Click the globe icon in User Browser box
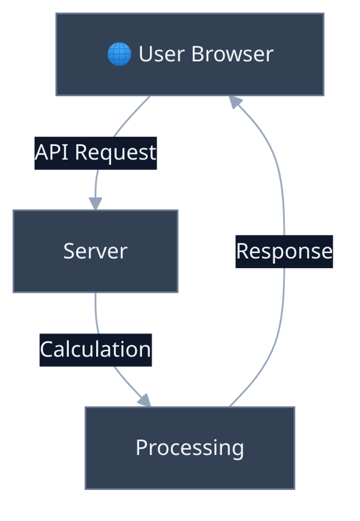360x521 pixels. [x=119, y=54]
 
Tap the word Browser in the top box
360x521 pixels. [x=232, y=54]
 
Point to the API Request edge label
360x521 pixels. [x=96, y=153]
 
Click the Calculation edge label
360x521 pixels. [x=96, y=350]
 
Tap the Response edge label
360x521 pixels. [x=284, y=252]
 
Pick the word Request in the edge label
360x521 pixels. [x=115, y=153]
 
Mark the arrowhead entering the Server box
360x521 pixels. [x=95, y=204]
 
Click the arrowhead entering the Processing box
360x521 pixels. [x=144, y=400]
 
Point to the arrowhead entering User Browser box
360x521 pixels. [x=235, y=102]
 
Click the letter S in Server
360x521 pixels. [x=68, y=251]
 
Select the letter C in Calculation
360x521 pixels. [x=46, y=350]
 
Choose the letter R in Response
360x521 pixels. [x=242, y=252]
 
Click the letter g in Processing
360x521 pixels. [x=238, y=449]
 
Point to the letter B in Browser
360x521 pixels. [x=197, y=54]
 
